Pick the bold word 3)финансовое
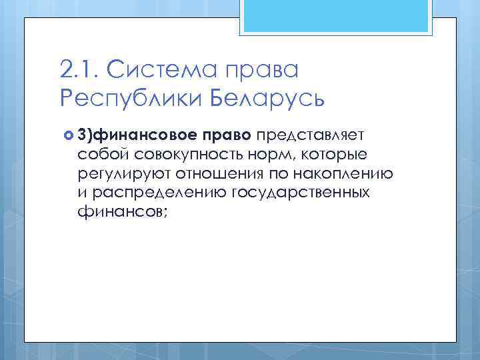pyautogui.click(x=136, y=136)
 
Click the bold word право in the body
pyautogui.click(x=225, y=137)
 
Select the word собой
pyautogui.click(x=100, y=155)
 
